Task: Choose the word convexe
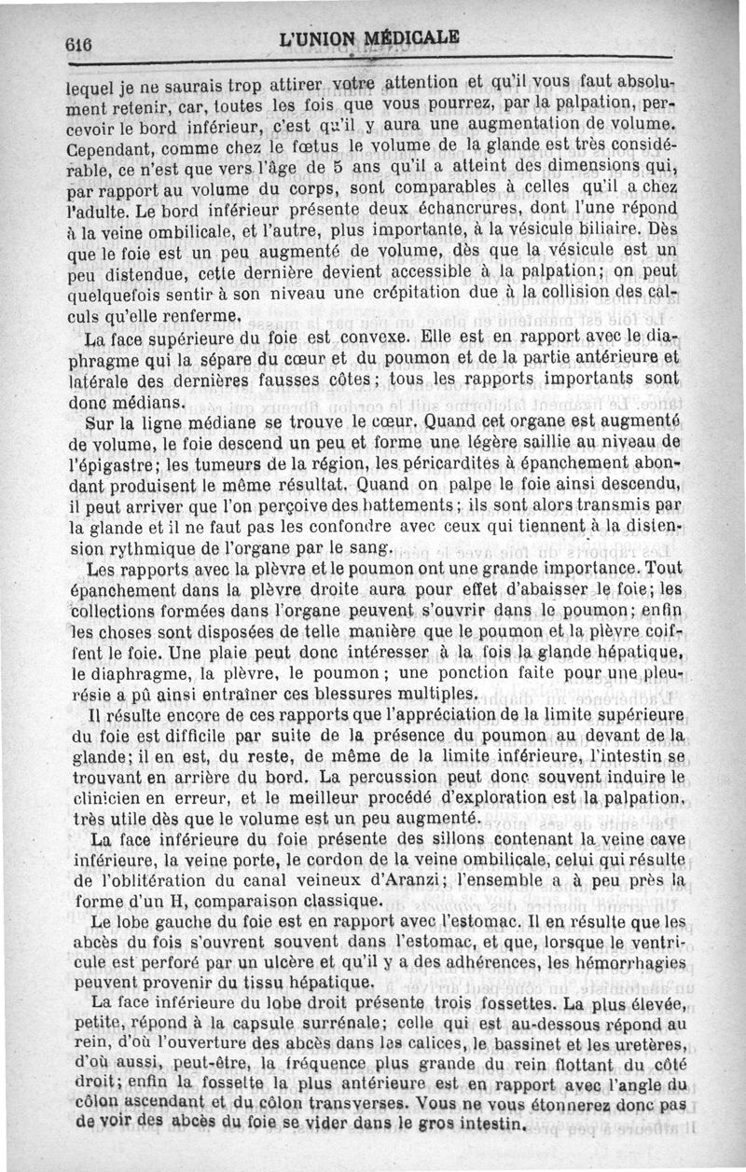[x=371, y=335]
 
